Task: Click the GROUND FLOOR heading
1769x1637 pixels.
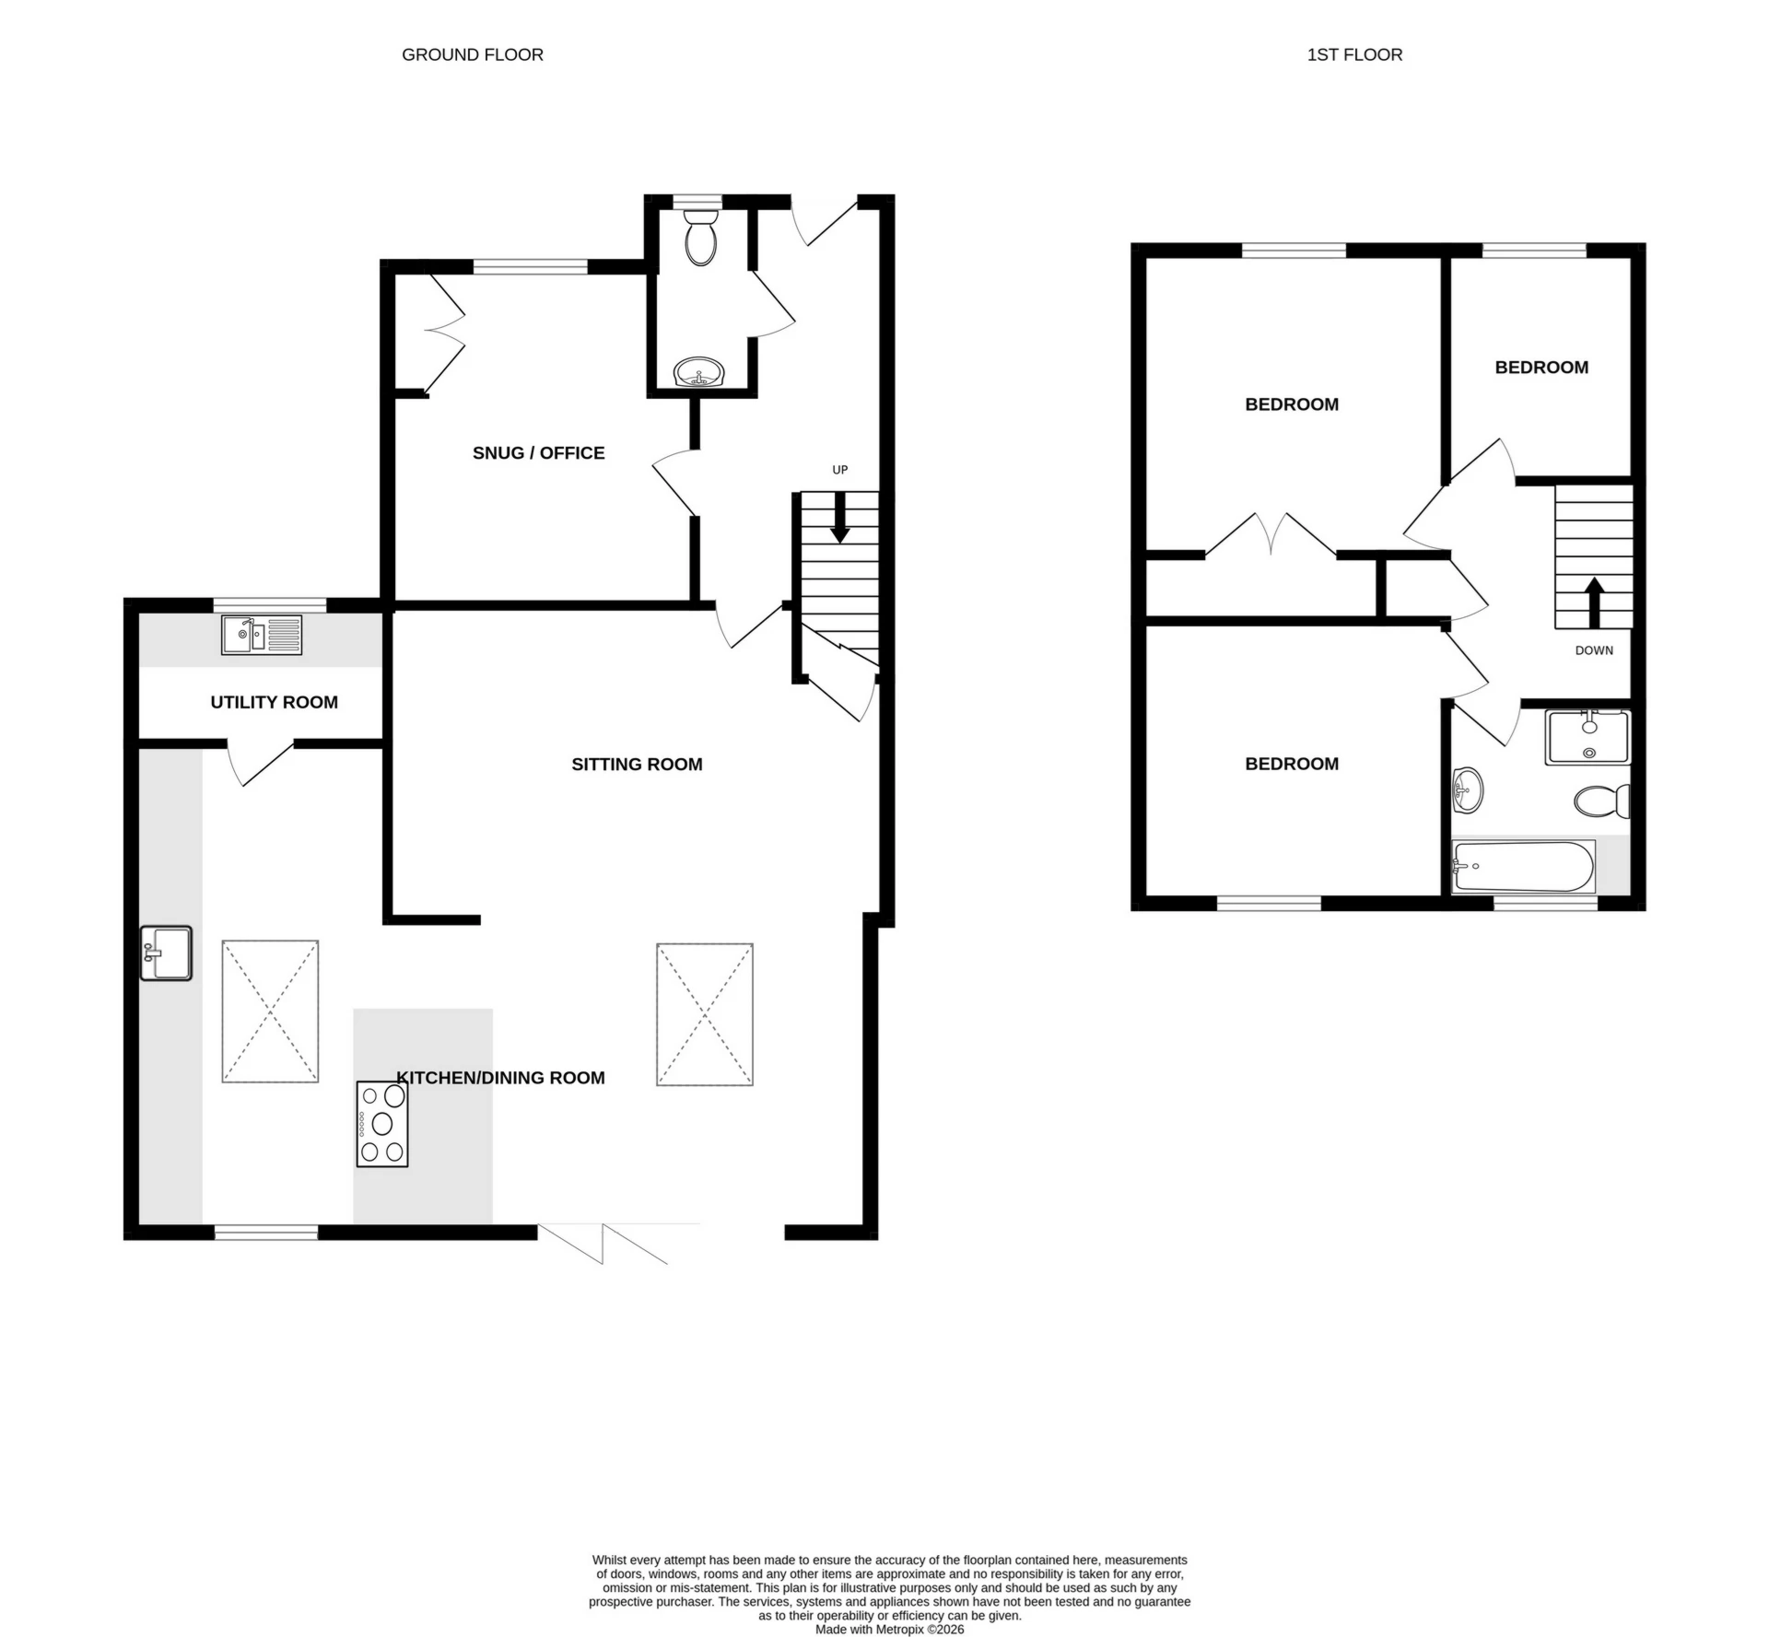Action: click(x=472, y=54)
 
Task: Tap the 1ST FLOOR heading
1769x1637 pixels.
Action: click(x=1353, y=54)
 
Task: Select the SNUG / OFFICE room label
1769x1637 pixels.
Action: click(x=538, y=452)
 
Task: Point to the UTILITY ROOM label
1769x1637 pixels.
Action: click(x=274, y=702)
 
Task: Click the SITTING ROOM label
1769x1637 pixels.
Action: click(x=637, y=764)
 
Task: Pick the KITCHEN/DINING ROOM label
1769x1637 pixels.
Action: click(x=500, y=1078)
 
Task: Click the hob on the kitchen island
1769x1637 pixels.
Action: click(x=382, y=1124)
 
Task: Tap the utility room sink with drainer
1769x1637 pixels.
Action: click(x=262, y=635)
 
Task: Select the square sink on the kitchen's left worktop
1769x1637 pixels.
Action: click(x=166, y=953)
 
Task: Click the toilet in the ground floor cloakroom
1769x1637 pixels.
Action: click(x=701, y=237)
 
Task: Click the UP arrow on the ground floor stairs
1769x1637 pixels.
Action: click(x=839, y=520)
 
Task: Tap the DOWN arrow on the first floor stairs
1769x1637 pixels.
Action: click(x=1593, y=602)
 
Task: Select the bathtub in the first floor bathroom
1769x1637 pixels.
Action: click(x=1523, y=866)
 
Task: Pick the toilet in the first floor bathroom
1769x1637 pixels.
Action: click(x=1602, y=801)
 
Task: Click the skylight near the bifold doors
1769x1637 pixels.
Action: click(x=705, y=1014)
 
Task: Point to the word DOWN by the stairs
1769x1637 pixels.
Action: click(x=1593, y=650)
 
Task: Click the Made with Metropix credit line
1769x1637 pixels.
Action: click(x=889, y=1630)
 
